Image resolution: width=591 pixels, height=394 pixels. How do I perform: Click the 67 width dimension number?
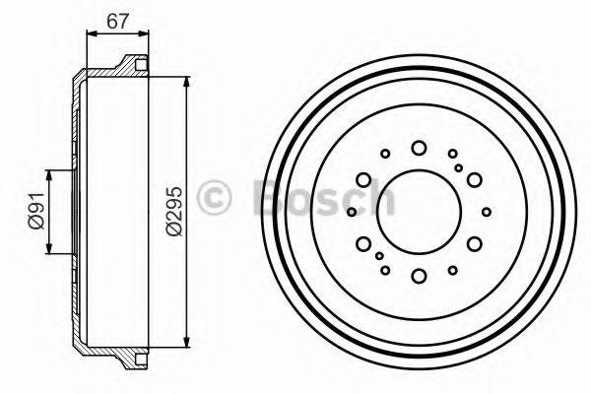coord(117,18)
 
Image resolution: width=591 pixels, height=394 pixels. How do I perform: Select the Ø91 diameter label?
coord(36,212)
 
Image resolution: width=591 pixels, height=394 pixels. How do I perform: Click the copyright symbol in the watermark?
coord(214,197)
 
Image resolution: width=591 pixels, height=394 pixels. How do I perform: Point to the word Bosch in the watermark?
coord(325,197)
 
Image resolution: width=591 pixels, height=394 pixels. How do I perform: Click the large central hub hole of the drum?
coord(420,210)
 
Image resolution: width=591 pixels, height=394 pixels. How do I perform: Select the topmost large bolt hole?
coord(420,148)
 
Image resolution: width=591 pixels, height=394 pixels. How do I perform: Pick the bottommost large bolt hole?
coord(420,275)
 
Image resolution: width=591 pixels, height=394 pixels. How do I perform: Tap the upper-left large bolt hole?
coord(364,179)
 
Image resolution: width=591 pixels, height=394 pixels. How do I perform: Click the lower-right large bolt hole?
coord(474,242)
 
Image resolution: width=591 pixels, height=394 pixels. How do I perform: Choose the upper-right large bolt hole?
coord(474,179)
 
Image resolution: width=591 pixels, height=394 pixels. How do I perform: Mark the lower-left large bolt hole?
coord(364,242)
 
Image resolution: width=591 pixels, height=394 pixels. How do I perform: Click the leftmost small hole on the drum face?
coord(352,211)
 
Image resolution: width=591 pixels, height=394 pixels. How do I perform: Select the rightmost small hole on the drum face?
coord(487,211)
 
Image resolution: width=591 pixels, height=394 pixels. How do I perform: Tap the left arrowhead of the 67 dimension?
coord(92,33)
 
